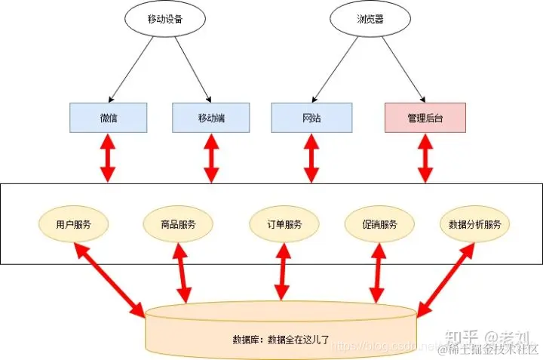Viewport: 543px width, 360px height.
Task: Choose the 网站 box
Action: point(311,118)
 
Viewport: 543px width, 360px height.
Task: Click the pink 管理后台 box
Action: point(425,118)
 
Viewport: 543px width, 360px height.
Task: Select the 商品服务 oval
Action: point(179,224)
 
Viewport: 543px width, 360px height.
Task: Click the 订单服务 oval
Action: point(284,224)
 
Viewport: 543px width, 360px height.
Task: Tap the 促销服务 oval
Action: point(379,224)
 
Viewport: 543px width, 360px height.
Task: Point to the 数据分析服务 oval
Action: point(475,224)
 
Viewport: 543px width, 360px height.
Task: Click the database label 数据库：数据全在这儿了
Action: point(281,337)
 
